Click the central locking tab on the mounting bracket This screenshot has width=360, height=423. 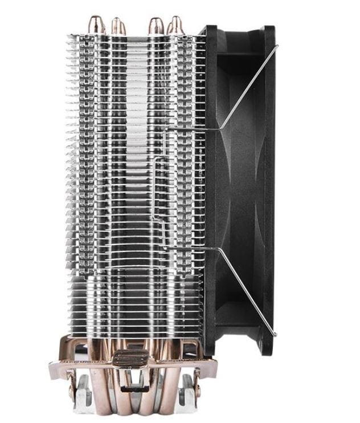coord(129,359)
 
